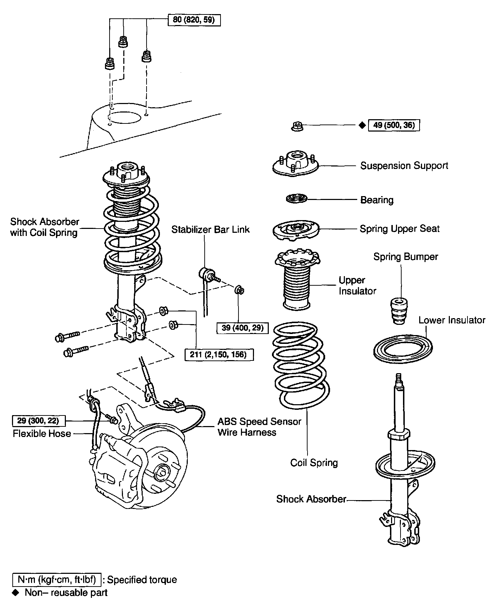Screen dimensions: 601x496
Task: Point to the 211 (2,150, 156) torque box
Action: click(219, 354)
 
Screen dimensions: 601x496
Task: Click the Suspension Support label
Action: click(404, 166)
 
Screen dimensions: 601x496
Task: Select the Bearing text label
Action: click(377, 200)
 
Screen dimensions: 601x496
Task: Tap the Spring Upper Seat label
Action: click(399, 229)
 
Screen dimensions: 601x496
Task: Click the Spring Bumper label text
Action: click(405, 257)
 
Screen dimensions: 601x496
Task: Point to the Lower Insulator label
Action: click(452, 320)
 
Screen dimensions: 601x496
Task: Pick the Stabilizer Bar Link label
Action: click(210, 230)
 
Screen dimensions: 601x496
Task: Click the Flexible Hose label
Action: click(42, 433)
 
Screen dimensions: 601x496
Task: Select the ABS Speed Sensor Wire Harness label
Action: click(259, 427)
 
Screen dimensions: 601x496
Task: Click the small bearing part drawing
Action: click(296, 199)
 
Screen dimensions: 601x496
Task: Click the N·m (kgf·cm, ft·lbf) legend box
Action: click(57, 579)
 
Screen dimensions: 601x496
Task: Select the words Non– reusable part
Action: click(66, 593)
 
